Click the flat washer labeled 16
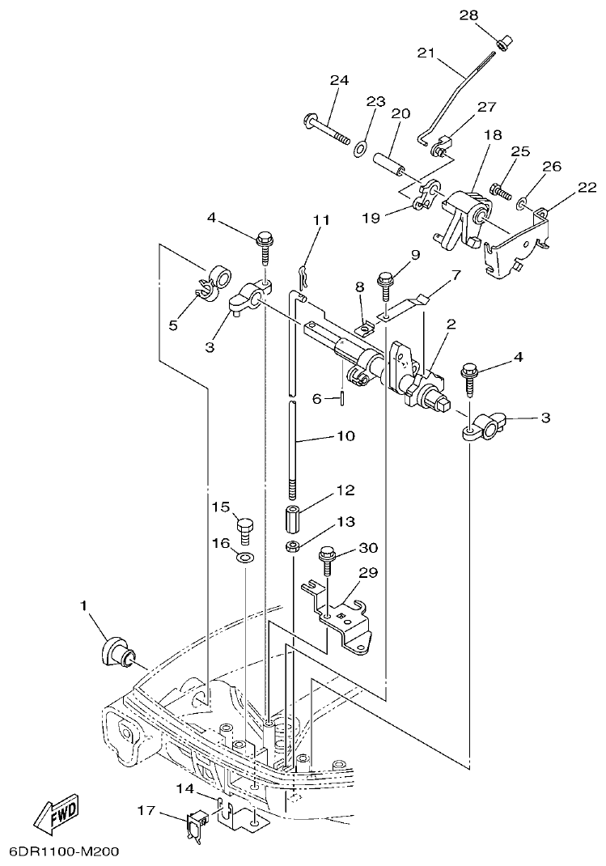coord(244,558)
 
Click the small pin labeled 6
coord(345,397)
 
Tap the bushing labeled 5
coord(216,281)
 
